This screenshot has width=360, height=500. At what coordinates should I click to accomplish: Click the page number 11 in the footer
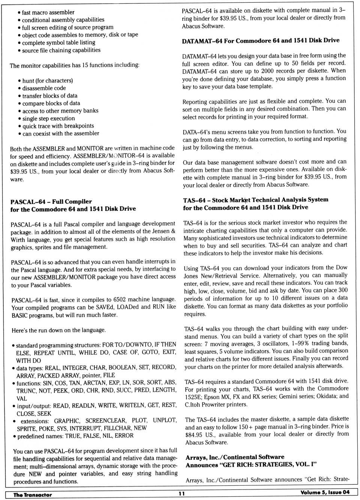(x=181, y=494)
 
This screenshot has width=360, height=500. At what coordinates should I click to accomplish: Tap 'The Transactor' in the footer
(x=33, y=495)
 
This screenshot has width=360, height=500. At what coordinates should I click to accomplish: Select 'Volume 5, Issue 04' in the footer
(x=325, y=492)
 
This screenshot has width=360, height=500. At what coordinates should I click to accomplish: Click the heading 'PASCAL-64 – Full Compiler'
(x=51, y=202)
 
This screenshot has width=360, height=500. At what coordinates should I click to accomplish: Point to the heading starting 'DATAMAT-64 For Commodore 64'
(x=261, y=41)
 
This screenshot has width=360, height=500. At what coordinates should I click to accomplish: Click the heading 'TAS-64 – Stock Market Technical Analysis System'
(x=255, y=200)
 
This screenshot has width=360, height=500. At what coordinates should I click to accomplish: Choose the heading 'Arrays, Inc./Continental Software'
(x=235, y=457)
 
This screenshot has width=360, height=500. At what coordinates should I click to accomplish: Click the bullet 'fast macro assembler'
(x=48, y=12)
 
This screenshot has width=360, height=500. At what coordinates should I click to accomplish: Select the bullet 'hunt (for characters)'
(x=47, y=81)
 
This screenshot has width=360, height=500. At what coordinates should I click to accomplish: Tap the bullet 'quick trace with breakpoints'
(x=58, y=126)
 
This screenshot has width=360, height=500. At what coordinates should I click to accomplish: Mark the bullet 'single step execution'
(x=48, y=119)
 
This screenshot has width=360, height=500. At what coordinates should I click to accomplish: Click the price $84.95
(x=194, y=435)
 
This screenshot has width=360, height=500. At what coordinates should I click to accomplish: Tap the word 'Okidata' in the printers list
(x=328, y=396)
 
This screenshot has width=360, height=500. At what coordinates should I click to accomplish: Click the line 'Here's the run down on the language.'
(x=59, y=330)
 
